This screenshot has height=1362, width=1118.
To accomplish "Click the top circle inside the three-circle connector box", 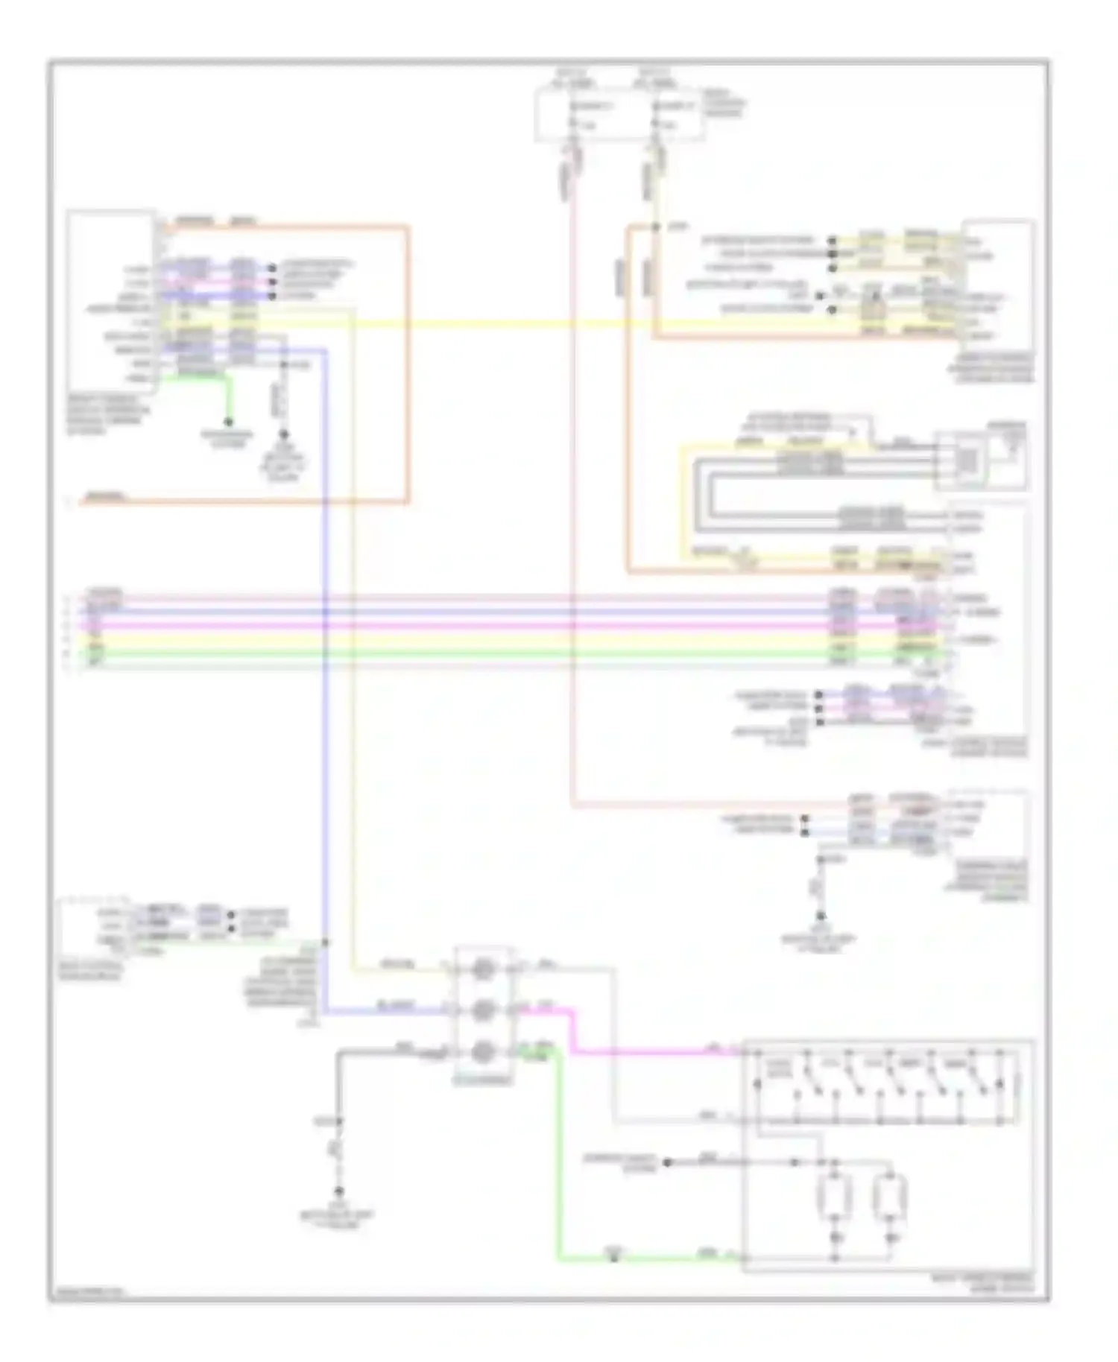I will click(483, 970).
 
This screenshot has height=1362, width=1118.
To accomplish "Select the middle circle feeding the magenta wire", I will click(483, 1010).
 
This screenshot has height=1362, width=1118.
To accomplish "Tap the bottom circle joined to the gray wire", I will click(483, 1051).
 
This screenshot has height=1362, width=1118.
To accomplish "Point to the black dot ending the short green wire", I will click(230, 422).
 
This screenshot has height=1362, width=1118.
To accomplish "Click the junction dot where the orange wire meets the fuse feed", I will click(655, 227).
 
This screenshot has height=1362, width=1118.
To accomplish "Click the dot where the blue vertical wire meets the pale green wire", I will click(326, 943).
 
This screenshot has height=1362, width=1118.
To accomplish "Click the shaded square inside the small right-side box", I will click(967, 461).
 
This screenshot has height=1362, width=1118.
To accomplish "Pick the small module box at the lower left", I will click(93, 928).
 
